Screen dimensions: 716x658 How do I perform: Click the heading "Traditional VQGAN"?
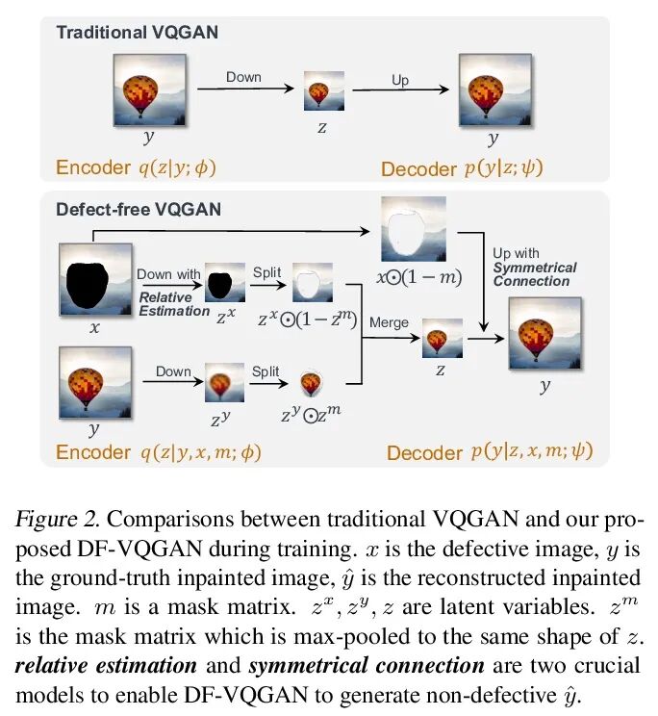(x=137, y=32)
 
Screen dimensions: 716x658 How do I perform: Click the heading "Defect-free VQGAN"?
(x=139, y=209)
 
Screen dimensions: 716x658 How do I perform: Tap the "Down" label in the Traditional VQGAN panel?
(x=243, y=76)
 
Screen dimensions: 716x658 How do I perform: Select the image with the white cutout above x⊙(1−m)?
(x=414, y=230)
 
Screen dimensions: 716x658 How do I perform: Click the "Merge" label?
(x=389, y=323)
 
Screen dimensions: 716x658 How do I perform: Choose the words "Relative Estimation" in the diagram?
(x=172, y=304)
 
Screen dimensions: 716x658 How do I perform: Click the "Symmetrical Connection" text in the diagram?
(x=535, y=274)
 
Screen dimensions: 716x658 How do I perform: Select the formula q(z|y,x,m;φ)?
(x=200, y=451)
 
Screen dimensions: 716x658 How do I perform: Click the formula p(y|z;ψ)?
(x=502, y=167)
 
